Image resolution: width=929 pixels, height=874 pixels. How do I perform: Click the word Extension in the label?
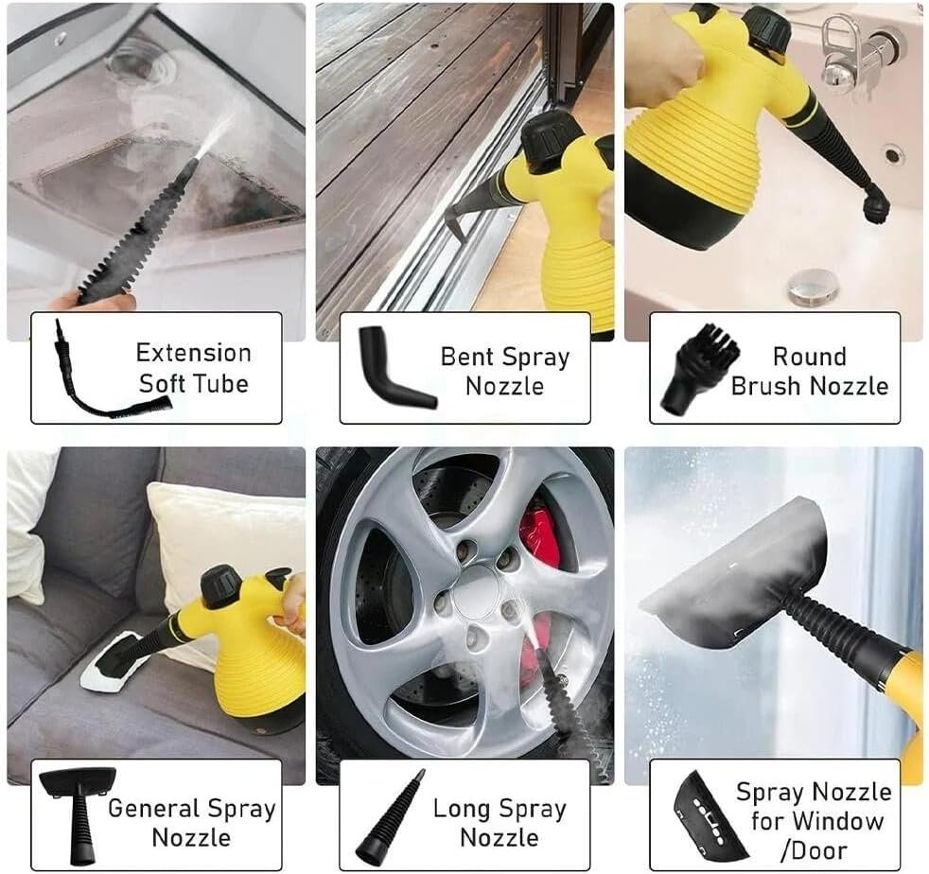[194, 353]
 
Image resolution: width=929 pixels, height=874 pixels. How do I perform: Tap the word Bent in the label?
[467, 357]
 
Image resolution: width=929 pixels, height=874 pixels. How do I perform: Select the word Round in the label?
[809, 357]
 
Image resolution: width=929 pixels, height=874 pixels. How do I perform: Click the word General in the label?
[154, 808]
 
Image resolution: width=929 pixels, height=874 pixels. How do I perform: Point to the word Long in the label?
[462, 808]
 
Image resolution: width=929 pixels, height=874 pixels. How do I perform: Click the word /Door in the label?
[815, 850]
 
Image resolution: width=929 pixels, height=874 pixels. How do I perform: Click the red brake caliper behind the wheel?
[540, 536]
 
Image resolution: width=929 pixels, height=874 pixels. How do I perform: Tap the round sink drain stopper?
[814, 287]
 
